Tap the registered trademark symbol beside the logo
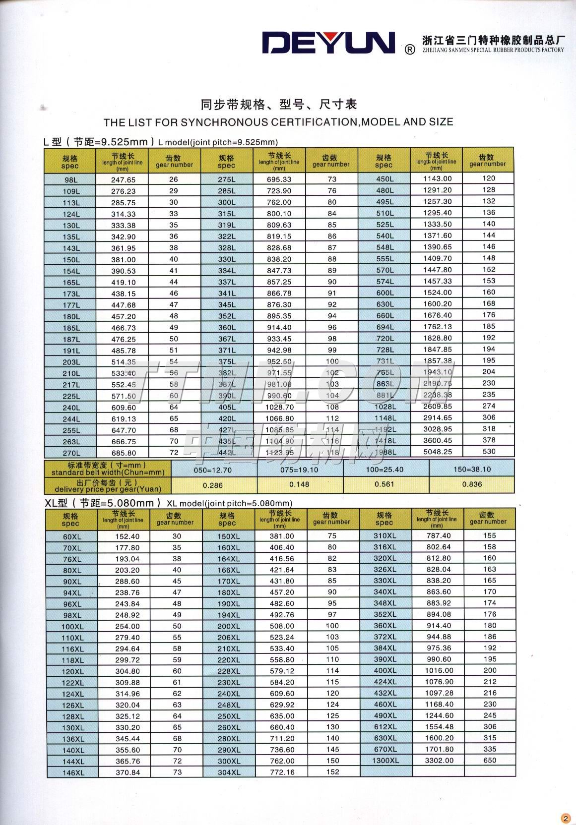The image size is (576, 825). (410, 50)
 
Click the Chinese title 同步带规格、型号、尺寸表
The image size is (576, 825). (278, 105)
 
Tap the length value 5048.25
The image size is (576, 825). (437, 452)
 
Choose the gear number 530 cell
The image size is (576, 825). (489, 451)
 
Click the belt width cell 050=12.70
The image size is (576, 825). (214, 470)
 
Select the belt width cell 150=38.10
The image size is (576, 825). (472, 469)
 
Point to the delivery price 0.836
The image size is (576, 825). (472, 484)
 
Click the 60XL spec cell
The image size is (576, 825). (72, 536)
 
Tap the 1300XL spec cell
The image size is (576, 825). (385, 760)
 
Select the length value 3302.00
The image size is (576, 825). (438, 760)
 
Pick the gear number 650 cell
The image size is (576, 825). (490, 760)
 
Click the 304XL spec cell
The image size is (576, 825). (229, 772)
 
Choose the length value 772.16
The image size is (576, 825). (281, 772)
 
